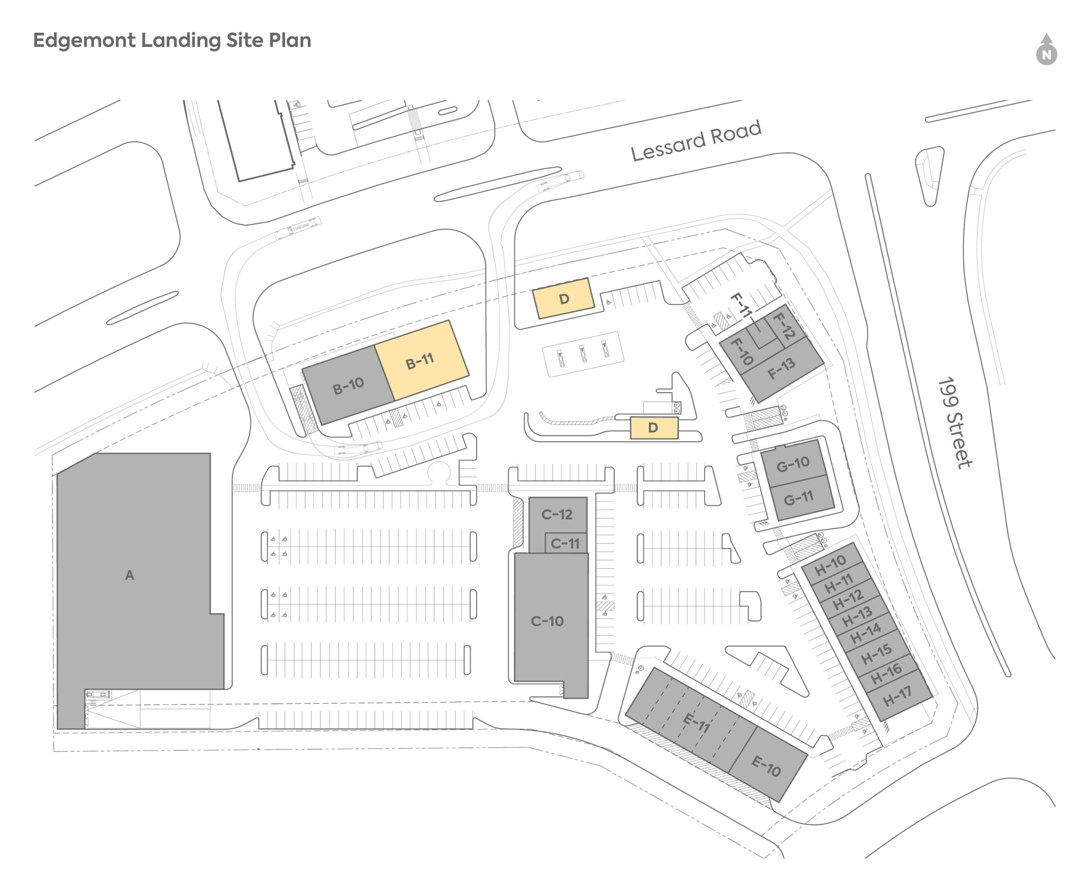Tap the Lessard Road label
tap(695, 140)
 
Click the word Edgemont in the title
tap(84, 40)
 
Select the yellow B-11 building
tap(420, 361)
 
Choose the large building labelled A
tap(129, 575)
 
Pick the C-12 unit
tap(556, 514)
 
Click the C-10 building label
tap(547, 621)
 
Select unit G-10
tap(792, 464)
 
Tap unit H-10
tap(830, 565)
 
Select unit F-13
tap(782, 368)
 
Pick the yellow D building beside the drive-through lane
tap(653, 427)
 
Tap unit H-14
tap(866, 633)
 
